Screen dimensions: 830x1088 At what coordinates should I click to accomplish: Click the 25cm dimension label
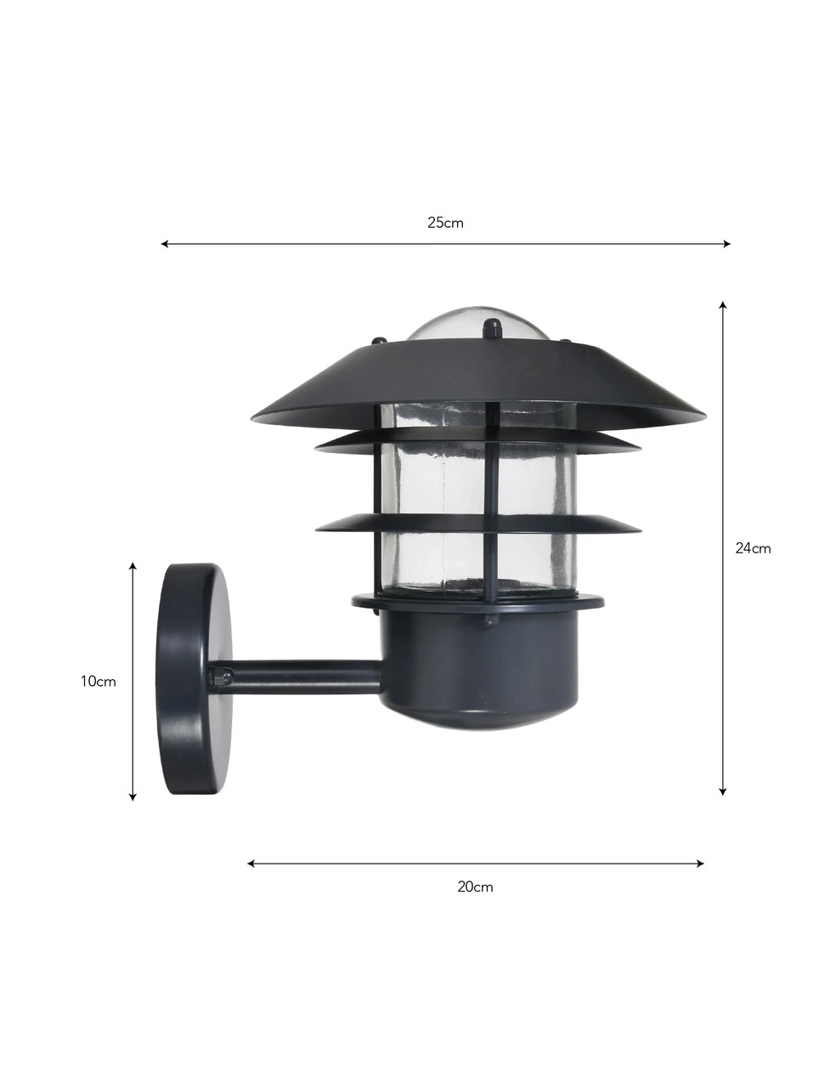(x=445, y=223)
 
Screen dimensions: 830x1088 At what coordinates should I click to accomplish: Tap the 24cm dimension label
(x=753, y=548)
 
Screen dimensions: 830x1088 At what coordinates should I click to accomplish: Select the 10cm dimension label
(x=98, y=682)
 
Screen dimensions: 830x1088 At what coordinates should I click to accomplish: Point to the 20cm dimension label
(x=475, y=887)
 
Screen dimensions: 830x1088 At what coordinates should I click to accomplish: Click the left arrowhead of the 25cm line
(x=165, y=243)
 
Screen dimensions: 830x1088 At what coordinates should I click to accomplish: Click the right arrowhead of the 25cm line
(x=726, y=243)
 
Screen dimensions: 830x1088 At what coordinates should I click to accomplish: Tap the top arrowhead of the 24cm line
(x=723, y=305)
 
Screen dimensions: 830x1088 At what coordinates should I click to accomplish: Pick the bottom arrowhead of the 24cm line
(x=723, y=806)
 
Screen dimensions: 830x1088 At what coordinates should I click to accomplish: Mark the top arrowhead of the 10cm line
(x=133, y=567)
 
